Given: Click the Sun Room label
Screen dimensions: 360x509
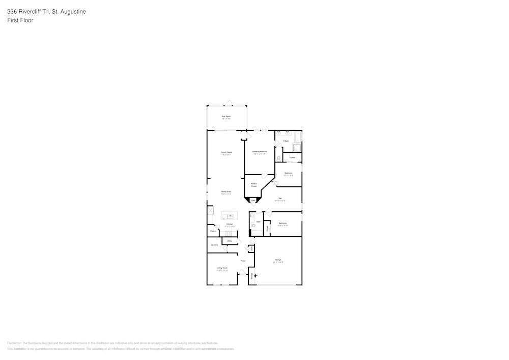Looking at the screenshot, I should click(226, 117).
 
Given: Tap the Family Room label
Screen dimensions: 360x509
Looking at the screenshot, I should click(226, 152).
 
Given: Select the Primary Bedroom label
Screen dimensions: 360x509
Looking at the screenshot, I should click(260, 151).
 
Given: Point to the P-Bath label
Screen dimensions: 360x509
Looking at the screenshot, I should click(286, 141).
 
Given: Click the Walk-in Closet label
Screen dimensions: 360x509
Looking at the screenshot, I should click(253, 185).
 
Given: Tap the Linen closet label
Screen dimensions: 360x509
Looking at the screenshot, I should click(252, 201).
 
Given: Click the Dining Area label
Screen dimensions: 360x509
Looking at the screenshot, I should click(226, 191).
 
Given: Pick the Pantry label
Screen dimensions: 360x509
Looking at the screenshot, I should click(213, 231).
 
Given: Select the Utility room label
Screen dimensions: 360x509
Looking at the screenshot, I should click(230, 241).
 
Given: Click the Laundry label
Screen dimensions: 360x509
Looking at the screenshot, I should click(214, 245).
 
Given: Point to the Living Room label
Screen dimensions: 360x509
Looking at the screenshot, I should click(222, 268).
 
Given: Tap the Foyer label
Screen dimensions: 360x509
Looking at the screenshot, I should click(243, 261).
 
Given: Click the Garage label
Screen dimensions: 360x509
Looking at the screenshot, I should click(278, 260).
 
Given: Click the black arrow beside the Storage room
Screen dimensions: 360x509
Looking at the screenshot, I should click(256, 276).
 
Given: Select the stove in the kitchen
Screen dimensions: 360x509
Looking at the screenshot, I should click(229, 234).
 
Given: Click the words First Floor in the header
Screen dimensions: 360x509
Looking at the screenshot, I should click(20, 20).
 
